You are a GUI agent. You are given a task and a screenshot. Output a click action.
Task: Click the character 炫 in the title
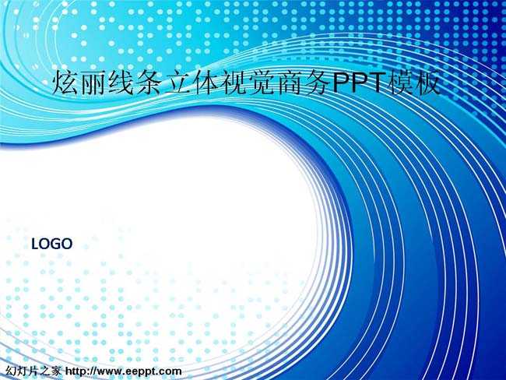65,83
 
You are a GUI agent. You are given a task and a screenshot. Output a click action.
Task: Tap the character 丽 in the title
93,83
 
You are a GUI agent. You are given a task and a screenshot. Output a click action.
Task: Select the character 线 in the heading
121,83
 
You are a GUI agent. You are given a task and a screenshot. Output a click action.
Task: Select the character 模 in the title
401,83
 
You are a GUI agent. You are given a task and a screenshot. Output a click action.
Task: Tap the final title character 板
428,83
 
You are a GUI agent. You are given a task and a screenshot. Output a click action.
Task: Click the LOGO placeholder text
51,244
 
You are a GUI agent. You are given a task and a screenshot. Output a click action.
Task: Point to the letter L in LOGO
35,244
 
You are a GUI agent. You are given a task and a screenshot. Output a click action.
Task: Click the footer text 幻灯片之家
33,371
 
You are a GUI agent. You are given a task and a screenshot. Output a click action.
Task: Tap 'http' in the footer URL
76,371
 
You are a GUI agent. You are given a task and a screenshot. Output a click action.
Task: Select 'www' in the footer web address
109,372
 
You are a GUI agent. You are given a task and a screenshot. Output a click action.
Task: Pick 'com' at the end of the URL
170,372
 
